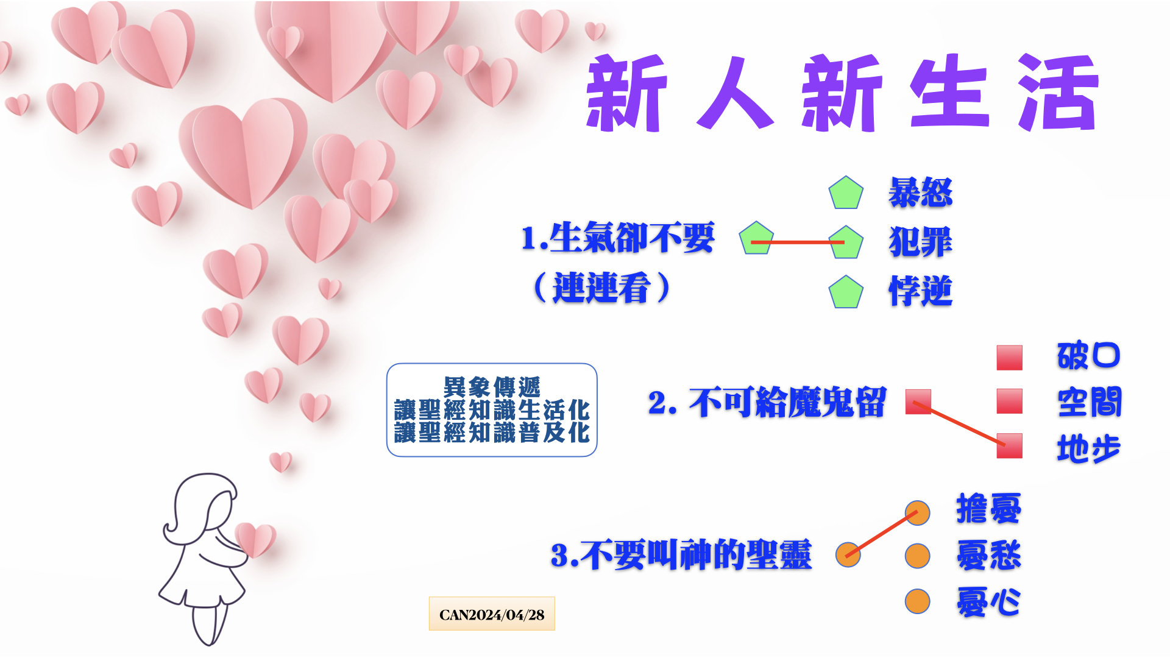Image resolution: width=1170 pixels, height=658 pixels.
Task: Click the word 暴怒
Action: (920, 193)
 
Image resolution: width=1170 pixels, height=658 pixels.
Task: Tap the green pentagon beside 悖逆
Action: (846, 292)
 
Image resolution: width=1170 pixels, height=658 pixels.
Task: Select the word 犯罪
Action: (920, 242)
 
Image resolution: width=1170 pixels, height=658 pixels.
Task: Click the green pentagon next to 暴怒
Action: (846, 193)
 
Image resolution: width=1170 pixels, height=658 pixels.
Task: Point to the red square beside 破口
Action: (1009, 358)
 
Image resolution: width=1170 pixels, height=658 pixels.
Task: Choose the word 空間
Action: (1090, 402)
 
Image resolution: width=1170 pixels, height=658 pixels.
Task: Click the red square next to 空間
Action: (1009, 401)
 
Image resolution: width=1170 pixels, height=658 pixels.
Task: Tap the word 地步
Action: (1089, 449)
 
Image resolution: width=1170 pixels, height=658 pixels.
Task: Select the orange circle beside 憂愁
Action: (917, 556)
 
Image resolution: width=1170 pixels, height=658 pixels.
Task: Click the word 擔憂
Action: (988, 509)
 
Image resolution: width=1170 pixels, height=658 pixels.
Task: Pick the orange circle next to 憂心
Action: (917, 601)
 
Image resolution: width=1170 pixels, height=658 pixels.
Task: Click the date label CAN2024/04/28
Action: (492, 614)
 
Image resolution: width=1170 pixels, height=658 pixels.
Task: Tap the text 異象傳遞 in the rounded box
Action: (492, 387)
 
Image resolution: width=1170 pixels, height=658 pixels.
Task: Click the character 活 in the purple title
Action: (1059, 93)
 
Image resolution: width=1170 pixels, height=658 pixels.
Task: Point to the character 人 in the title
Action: (736, 93)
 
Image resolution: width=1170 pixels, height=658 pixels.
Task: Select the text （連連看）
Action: (601, 288)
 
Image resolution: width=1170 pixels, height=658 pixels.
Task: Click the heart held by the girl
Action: (255, 540)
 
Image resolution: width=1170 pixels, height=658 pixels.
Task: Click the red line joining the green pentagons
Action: (798, 242)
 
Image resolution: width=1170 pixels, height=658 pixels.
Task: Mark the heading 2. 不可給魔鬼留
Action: (767, 403)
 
